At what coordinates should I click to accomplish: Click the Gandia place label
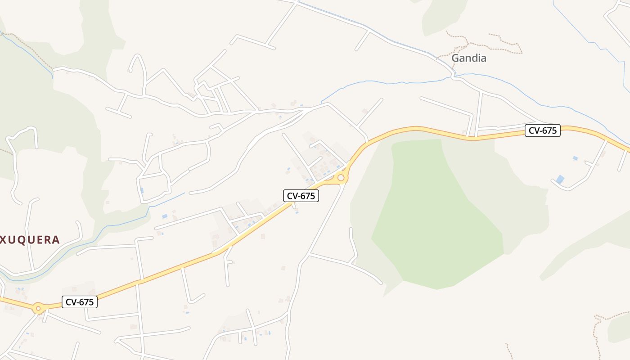[468, 58]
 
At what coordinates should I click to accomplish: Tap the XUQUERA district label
[30, 239]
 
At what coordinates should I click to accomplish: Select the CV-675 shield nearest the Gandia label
[542, 131]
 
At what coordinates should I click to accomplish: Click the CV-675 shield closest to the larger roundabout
[301, 196]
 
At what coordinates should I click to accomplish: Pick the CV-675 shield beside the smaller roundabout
[80, 302]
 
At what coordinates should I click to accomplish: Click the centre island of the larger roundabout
[341, 178]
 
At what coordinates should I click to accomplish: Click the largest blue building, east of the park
[560, 179]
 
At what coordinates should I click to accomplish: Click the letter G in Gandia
[455, 58]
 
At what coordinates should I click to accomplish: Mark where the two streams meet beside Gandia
[454, 76]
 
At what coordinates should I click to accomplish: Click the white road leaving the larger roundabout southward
[328, 216]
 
